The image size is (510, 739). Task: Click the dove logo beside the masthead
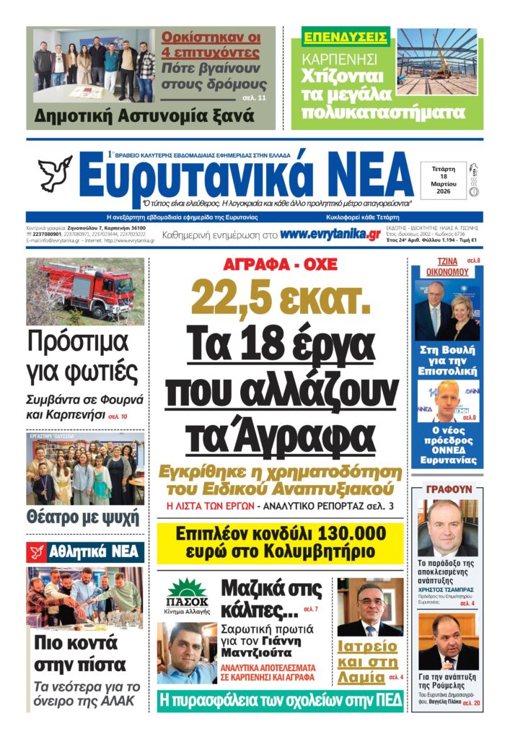[x=55, y=174]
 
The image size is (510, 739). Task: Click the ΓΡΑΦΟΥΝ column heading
[x=449, y=489]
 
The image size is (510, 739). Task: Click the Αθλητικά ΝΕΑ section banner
[x=85, y=553]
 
